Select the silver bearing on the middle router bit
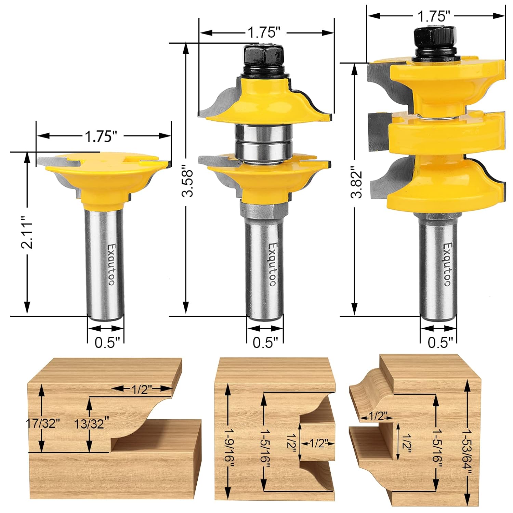click(x=264, y=141)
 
